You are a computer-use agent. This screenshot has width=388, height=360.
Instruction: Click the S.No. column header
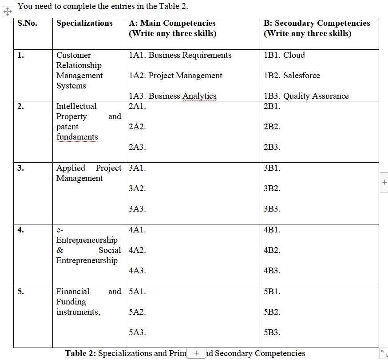[x=27, y=23]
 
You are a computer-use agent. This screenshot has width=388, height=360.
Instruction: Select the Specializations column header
[x=84, y=23]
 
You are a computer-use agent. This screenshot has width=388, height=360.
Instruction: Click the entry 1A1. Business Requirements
[x=180, y=55]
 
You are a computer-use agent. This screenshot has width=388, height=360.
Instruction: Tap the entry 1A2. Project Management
[x=175, y=76]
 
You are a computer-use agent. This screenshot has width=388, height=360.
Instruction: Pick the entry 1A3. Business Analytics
[x=173, y=96]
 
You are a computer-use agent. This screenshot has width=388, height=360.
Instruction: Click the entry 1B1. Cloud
[x=284, y=55]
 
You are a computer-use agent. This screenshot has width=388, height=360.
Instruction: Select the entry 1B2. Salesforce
[x=292, y=76]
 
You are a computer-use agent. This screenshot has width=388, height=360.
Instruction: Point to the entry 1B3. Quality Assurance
[x=306, y=96]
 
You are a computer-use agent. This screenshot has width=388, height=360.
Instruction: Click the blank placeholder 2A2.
[x=137, y=127]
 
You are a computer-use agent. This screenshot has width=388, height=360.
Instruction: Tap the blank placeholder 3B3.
[x=272, y=209]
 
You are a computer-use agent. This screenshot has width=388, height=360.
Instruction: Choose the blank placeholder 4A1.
[x=137, y=230]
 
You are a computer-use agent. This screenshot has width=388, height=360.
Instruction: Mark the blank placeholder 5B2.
[x=272, y=312]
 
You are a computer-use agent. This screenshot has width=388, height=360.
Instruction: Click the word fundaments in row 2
[x=77, y=137]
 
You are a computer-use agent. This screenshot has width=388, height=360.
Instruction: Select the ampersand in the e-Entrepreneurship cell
[x=60, y=250]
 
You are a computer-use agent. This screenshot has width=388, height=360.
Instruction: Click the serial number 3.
[x=20, y=168]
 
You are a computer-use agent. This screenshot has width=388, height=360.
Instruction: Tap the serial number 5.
[x=20, y=292]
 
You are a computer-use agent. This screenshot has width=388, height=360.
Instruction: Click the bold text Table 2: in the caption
[x=80, y=353]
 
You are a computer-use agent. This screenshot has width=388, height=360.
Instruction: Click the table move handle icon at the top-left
[x=8, y=12]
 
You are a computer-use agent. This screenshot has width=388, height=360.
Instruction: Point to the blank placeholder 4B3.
[x=272, y=271]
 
